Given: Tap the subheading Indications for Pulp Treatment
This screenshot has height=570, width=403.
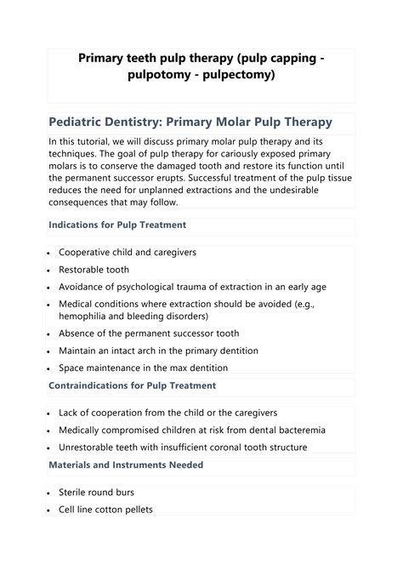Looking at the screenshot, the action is click(117, 225).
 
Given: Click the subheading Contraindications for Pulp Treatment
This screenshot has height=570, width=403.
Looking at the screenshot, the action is click(133, 385).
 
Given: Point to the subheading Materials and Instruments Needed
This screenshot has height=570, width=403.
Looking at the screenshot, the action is click(127, 465).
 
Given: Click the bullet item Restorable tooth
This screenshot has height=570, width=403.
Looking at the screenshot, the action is click(95, 269).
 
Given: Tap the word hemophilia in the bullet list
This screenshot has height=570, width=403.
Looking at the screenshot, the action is click(89, 316).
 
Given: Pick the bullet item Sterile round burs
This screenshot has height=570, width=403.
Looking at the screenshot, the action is click(96, 493).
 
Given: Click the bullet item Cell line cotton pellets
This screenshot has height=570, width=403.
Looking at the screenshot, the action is click(105, 510).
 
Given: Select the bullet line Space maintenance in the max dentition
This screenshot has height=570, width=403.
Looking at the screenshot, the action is click(143, 368).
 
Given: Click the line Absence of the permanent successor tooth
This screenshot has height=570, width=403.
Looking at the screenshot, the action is click(149, 333).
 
